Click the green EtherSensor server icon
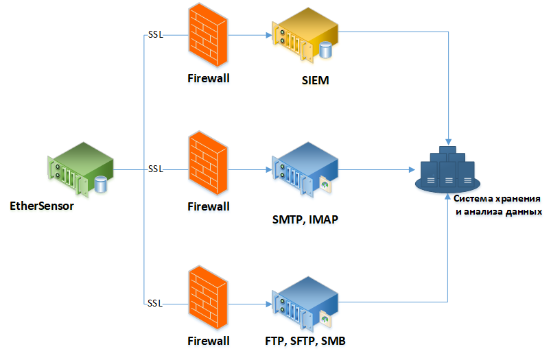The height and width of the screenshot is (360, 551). [x=80, y=168]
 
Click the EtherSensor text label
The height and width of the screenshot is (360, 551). [x=42, y=205]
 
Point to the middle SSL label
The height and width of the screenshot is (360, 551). [x=155, y=169]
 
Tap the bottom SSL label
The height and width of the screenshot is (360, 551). [x=155, y=302]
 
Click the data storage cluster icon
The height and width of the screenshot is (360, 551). [x=447, y=169]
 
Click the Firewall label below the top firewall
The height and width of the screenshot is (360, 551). [x=208, y=77]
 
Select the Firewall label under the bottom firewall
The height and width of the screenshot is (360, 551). [x=208, y=340]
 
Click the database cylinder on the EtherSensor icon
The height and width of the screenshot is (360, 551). [x=102, y=183]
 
